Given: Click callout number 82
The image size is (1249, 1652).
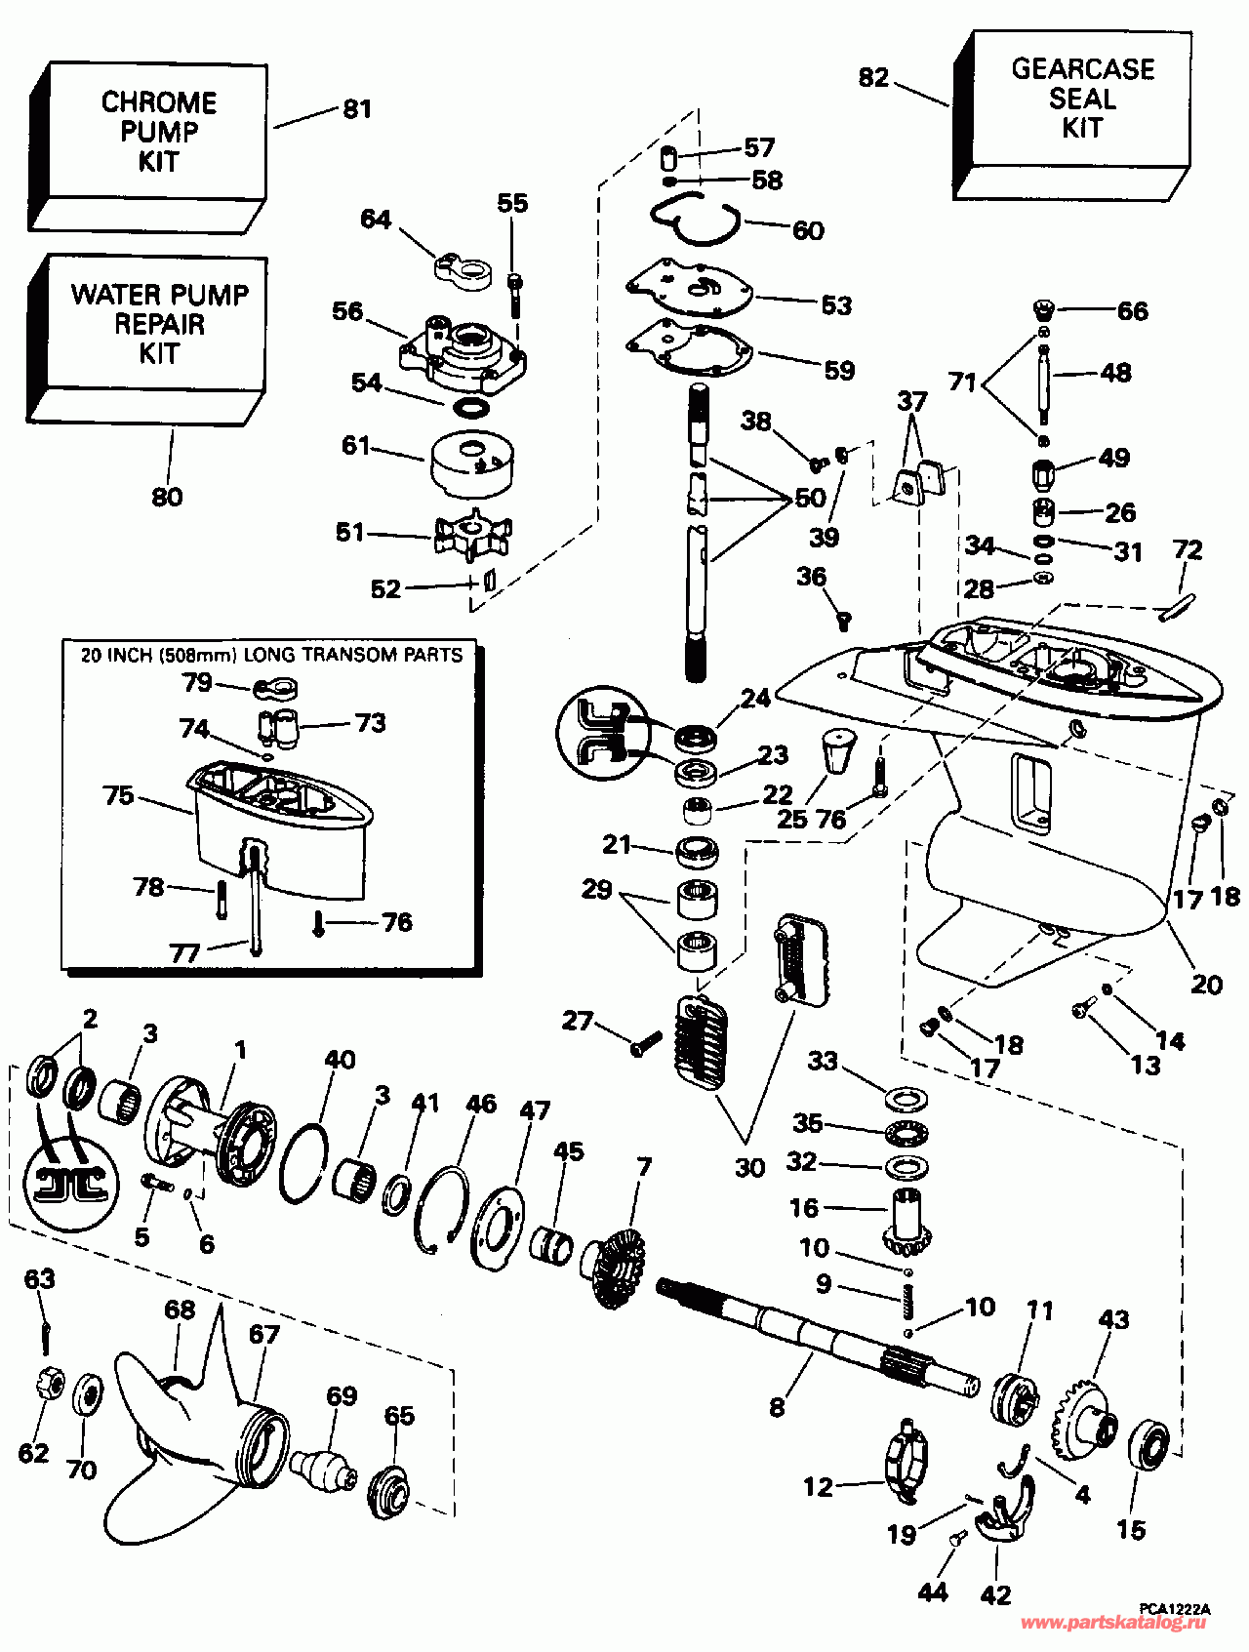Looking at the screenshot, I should [873, 77].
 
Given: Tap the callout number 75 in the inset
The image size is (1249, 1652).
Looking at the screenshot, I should [118, 795].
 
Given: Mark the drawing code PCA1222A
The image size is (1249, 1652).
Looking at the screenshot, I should [1174, 1608].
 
